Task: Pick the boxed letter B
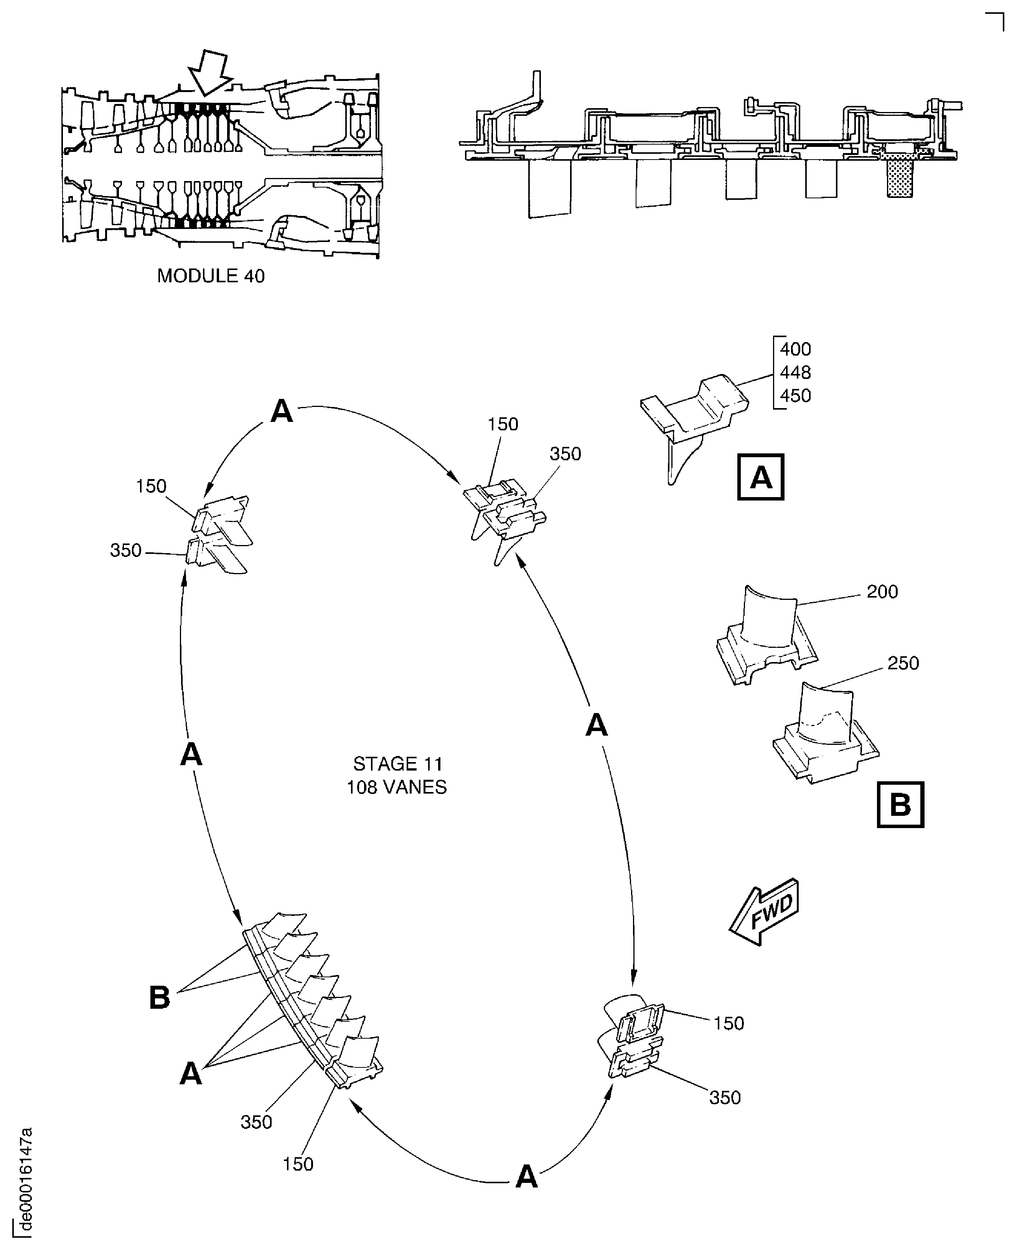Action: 900,805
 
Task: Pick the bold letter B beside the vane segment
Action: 159,998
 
